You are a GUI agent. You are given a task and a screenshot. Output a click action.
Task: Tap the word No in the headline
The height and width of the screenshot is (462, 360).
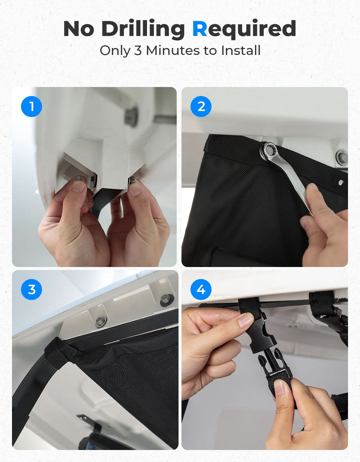tap(79, 29)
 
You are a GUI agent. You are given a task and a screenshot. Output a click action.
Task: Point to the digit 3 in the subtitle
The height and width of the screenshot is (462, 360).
tap(138, 51)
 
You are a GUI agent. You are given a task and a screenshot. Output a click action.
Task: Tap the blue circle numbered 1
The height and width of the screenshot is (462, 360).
tap(31, 106)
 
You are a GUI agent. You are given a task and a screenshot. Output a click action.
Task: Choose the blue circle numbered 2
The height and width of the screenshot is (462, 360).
tap(201, 106)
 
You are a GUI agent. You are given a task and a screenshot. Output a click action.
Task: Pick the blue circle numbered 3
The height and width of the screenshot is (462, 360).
tap(31, 289)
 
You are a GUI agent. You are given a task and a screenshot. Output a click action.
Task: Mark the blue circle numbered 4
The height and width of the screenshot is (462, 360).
tap(201, 289)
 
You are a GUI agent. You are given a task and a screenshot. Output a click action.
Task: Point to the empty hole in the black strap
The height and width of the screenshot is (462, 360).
tap(340, 182)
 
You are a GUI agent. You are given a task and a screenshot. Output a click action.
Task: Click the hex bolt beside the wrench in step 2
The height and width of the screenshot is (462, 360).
tap(342, 156)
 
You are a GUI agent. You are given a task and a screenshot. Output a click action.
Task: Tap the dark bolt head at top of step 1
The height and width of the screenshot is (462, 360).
tap(131, 117)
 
